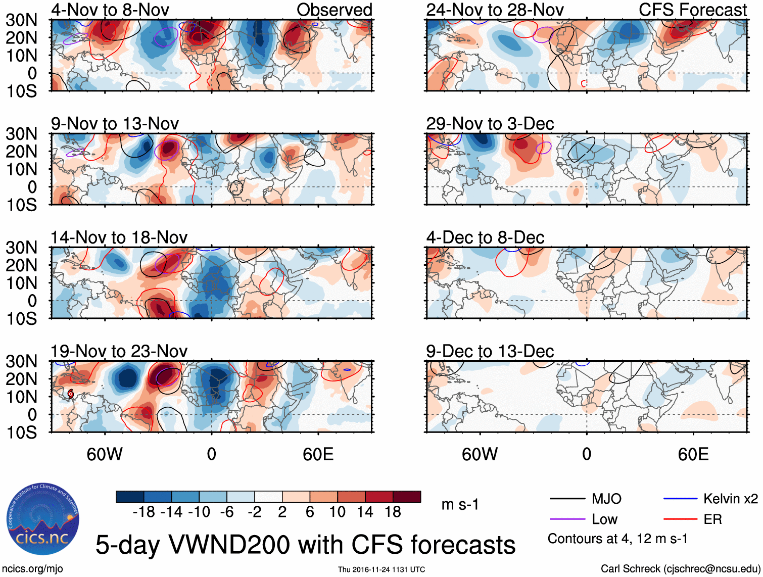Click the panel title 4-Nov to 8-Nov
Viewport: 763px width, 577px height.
click(x=110, y=10)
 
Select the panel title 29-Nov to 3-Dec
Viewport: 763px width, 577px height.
click(x=490, y=124)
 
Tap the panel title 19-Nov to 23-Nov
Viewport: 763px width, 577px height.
click(x=119, y=351)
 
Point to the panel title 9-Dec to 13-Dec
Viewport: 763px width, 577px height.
click(x=490, y=351)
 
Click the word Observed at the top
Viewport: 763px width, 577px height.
click(x=334, y=10)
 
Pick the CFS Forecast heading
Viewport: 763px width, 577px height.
click(x=692, y=10)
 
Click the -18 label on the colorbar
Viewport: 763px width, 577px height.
click(x=144, y=512)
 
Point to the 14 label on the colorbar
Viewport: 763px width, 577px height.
click(x=365, y=512)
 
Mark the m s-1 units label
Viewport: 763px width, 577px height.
click(x=460, y=505)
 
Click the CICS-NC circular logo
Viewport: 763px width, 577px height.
click(x=43, y=519)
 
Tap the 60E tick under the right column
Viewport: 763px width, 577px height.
click(x=693, y=455)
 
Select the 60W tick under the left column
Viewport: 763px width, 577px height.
click(x=105, y=455)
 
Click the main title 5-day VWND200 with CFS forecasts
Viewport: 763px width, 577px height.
click(x=305, y=545)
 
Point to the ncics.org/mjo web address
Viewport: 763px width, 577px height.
click(x=32, y=569)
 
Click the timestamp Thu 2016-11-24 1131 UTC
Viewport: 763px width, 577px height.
click(x=381, y=569)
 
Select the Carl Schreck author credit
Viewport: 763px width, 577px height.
click(x=680, y=569)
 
